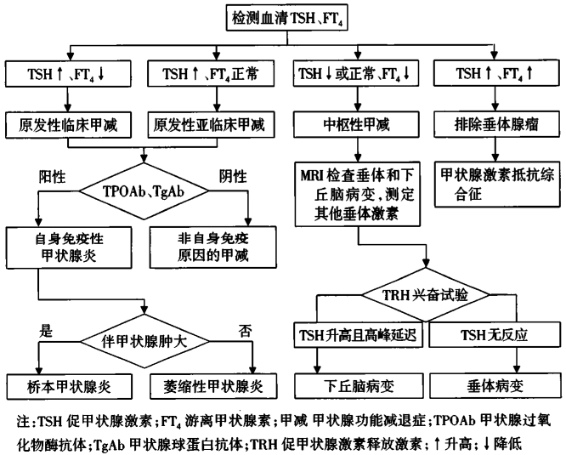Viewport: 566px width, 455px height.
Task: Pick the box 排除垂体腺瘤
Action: point(494,125)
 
